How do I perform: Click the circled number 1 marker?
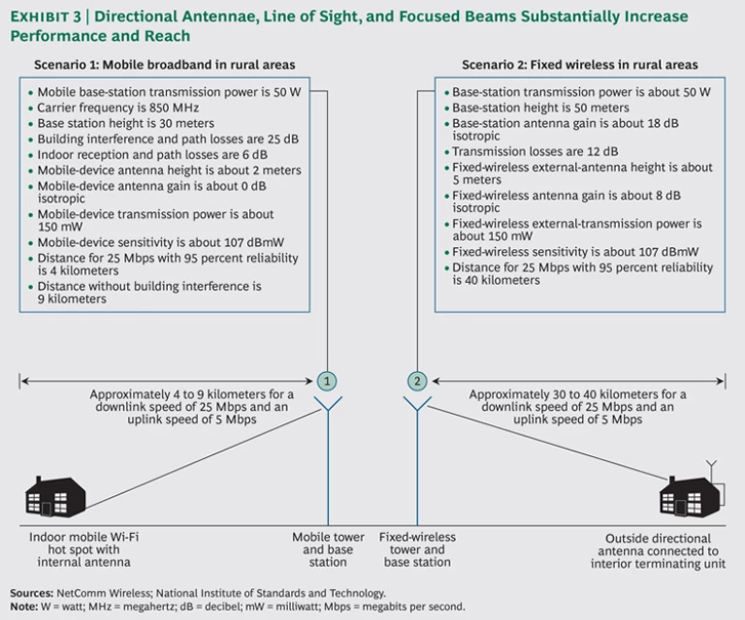tap(328, 381)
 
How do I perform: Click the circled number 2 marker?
tap(418, 381)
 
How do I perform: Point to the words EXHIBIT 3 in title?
tap(45, 17)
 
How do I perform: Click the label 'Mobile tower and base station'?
tap(329, 549)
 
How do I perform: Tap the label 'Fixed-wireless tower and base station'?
tap(417, 549)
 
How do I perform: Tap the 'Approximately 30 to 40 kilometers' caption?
tap(578, 407)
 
